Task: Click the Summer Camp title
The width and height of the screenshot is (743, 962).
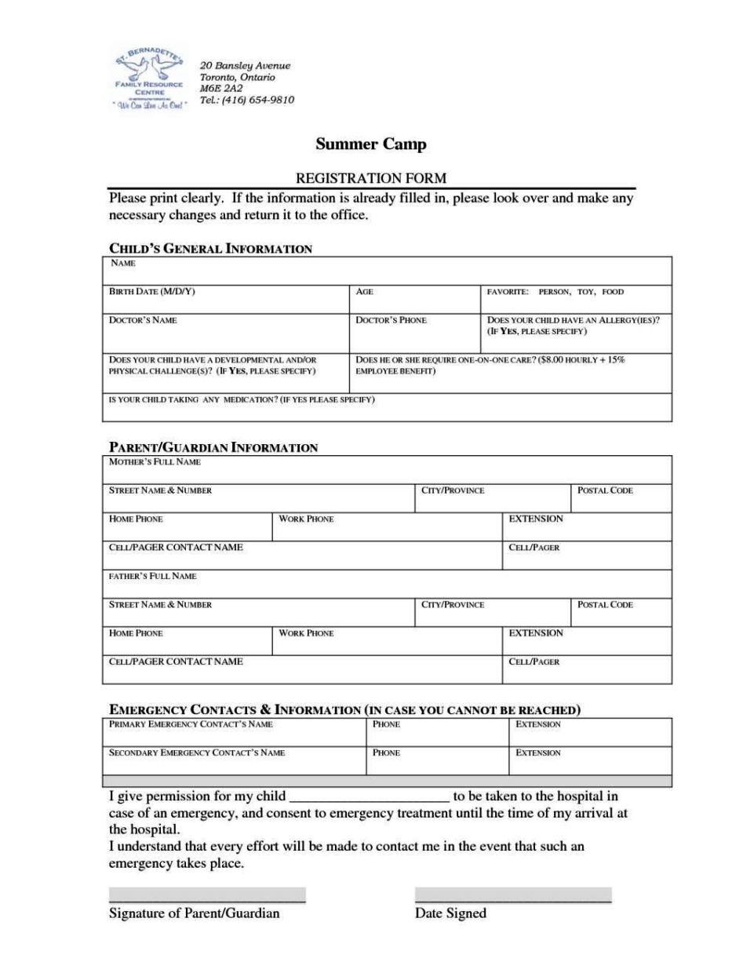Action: [371, 144]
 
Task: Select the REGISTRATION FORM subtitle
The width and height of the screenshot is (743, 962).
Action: [371, 178]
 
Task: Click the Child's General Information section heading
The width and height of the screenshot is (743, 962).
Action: [210, 249]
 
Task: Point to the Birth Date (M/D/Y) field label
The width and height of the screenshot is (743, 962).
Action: [152, 292]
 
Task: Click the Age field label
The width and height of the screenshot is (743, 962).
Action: [364, 292]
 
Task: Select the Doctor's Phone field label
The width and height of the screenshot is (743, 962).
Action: [391, 320]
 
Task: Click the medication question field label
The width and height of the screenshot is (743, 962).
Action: [242, 399]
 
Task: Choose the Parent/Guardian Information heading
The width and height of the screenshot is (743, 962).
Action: [213, 447]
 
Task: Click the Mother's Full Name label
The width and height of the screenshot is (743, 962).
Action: [155, 462]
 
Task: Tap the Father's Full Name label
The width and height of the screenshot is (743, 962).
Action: [152, 576]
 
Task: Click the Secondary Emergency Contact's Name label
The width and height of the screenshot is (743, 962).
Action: [196, 752]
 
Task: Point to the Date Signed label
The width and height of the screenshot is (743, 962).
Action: [450, 913]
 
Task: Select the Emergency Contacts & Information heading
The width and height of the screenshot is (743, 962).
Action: [344, 710]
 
